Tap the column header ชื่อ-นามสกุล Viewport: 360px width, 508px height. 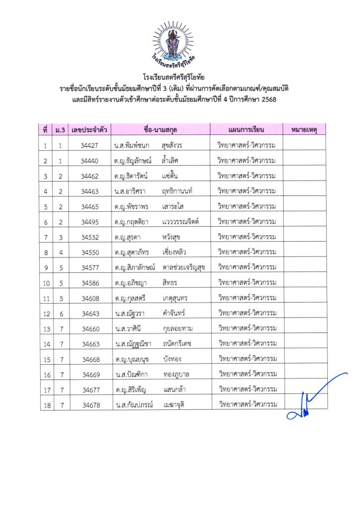pyautogui.click(x=160, y=130)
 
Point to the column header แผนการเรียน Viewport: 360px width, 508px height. pyautogui.click(x=246, y=130)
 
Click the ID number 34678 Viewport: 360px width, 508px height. pyautogui.click(x=91, y=405)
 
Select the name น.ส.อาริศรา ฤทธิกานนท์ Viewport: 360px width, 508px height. pyautogui.click(x=153, y=191)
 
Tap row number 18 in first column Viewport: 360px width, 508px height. pyautogui.click(x=46, y=405)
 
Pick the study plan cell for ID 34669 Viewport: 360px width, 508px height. pyautogui.click(x=246, y=374)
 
